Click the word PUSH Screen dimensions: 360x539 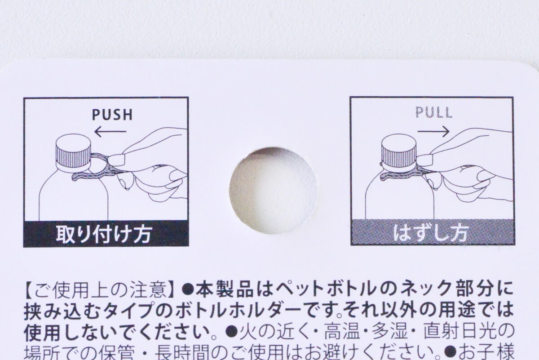[x=112, y=115]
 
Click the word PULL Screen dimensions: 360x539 [x=433, y=111]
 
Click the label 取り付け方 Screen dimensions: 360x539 [x=104, y=234]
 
